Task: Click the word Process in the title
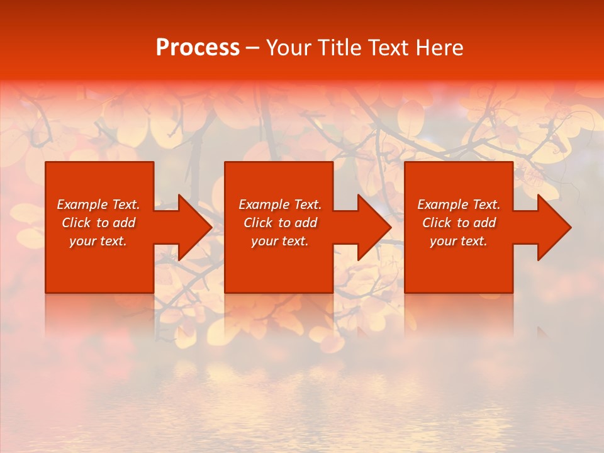198,48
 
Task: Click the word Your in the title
288,48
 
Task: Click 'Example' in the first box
82,204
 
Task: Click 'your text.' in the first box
98,241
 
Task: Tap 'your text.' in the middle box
280,241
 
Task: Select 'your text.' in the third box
459,241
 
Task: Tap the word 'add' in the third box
484,223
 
